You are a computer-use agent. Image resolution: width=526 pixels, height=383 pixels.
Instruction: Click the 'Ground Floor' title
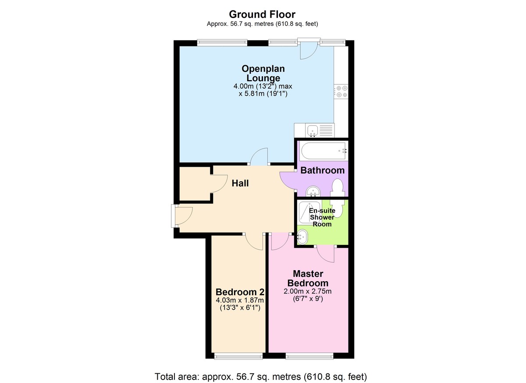262,14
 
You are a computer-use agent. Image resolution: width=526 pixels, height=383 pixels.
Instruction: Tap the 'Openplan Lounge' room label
263,73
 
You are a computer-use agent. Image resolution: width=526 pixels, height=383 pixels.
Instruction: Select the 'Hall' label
240,183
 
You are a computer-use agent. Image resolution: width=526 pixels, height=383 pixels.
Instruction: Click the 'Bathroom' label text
322,170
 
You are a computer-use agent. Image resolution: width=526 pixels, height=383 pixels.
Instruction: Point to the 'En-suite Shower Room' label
323,218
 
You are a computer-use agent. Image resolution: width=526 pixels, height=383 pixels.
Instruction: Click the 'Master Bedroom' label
308,278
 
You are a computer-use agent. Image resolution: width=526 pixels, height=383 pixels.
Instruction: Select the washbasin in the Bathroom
313,191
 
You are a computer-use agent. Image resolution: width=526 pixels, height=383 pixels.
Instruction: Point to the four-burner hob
341,91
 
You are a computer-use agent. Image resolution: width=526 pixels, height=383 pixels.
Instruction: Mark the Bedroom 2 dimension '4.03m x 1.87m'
239,301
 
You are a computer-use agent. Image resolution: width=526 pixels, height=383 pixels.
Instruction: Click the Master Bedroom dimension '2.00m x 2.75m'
308,291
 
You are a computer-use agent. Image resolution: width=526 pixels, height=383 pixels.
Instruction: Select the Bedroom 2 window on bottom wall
238,356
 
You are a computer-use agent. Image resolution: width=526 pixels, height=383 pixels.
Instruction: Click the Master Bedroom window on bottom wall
309,356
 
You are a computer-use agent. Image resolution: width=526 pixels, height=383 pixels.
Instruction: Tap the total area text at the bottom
260,376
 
